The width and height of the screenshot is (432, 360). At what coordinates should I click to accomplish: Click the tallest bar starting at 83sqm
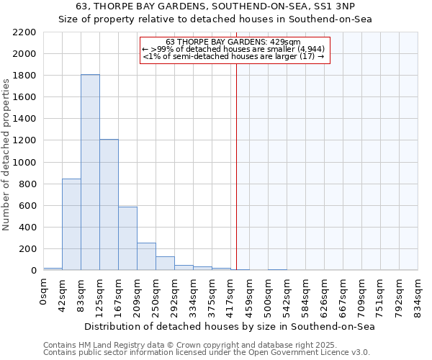tap(90, 173)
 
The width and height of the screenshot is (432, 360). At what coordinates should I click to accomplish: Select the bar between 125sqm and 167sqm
tap(109, 205)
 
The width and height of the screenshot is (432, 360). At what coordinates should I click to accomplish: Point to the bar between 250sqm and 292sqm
tap(165, 264)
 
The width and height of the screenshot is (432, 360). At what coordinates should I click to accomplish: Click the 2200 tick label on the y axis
tap(24, 32)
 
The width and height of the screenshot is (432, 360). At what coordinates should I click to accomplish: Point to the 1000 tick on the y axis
tap(24, 163)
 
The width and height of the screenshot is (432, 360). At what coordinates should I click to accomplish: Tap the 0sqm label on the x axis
tap(44, 290)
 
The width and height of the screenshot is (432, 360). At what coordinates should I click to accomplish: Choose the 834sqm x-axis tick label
tap(418, 294)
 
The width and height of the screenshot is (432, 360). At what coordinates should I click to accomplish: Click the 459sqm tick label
tap(249, 294)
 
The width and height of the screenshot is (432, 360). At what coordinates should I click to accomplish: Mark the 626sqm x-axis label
tap(324, 294)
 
